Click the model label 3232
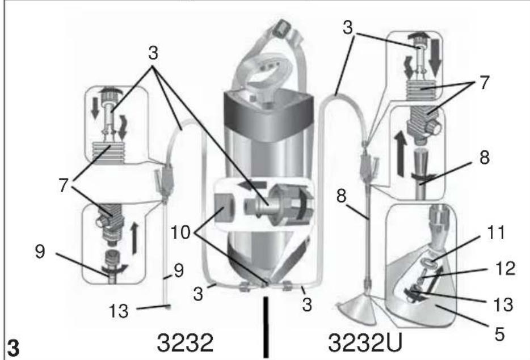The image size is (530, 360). (185, 343)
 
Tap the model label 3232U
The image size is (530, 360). (365, 343)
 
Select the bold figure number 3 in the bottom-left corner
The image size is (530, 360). (13, 348)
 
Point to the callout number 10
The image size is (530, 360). (180, 232)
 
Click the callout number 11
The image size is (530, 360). (496, 232)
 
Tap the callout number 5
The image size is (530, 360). (499, 334)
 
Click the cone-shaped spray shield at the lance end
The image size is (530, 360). (356, 311)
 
